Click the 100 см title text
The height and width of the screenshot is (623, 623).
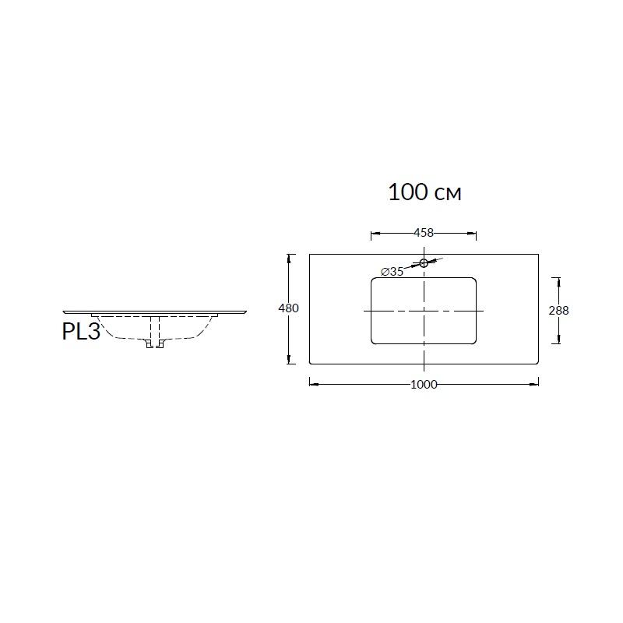pos(424,192)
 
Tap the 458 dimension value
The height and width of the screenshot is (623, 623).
pos(424,232)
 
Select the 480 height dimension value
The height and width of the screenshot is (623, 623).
pos(288,308)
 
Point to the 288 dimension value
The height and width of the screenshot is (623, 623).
pos(558,310)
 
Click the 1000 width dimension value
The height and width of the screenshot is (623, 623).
pos(424,384)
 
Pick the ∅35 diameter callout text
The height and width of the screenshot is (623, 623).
pos(392,271)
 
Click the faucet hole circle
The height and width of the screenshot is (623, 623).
pos(424,262)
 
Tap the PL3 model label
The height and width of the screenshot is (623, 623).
pos(81,331)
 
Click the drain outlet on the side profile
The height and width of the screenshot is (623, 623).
pos(155,343)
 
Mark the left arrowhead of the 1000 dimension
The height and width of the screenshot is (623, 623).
pos(314,384)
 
